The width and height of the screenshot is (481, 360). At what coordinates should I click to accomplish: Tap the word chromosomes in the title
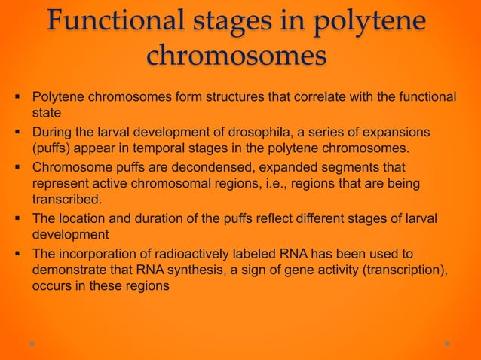[x=236, y=55]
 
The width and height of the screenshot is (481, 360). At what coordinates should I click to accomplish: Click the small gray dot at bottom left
[x=32, y=343]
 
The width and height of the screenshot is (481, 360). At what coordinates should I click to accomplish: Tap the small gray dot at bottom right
[x=447, y=343]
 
